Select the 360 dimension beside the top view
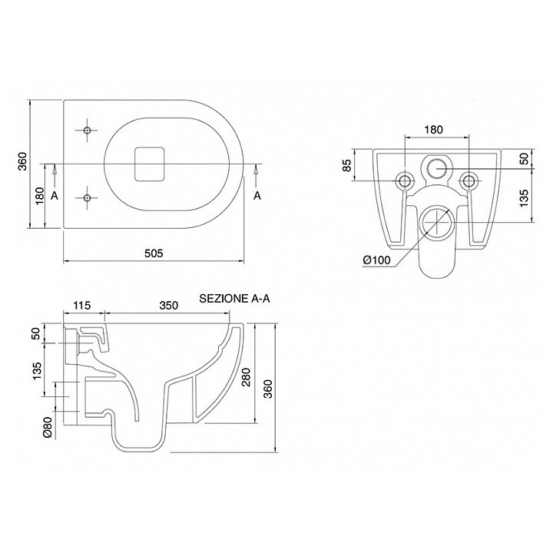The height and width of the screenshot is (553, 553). click(x=23, y=162)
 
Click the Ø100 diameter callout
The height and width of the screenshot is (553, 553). click(x=377, y=260)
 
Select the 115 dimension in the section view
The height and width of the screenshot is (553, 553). click(x=82, y=306)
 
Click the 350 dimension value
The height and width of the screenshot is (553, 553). click(x=169, y=306)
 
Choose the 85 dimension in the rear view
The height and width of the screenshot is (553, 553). click(x=347, y=164)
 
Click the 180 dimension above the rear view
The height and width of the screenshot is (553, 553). click(x=434, y=130)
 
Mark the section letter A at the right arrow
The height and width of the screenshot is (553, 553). click(x=257, y=196)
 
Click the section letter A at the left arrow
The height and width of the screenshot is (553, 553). click(x=55, y=196)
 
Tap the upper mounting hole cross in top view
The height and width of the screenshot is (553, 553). click(x=88, y=129)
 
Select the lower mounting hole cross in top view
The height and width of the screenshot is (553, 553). click(x=88, y=198)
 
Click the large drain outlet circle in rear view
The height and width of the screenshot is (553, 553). click(x=435, y=221)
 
